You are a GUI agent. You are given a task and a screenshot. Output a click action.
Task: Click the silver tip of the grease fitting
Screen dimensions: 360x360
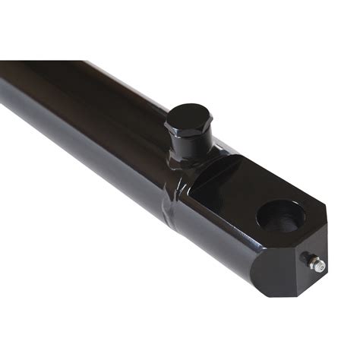coord(321,267)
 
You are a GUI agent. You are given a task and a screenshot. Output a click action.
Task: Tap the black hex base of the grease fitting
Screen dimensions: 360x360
coord(312,261)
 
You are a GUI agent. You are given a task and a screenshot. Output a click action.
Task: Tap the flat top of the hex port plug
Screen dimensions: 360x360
coord(188,118)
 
